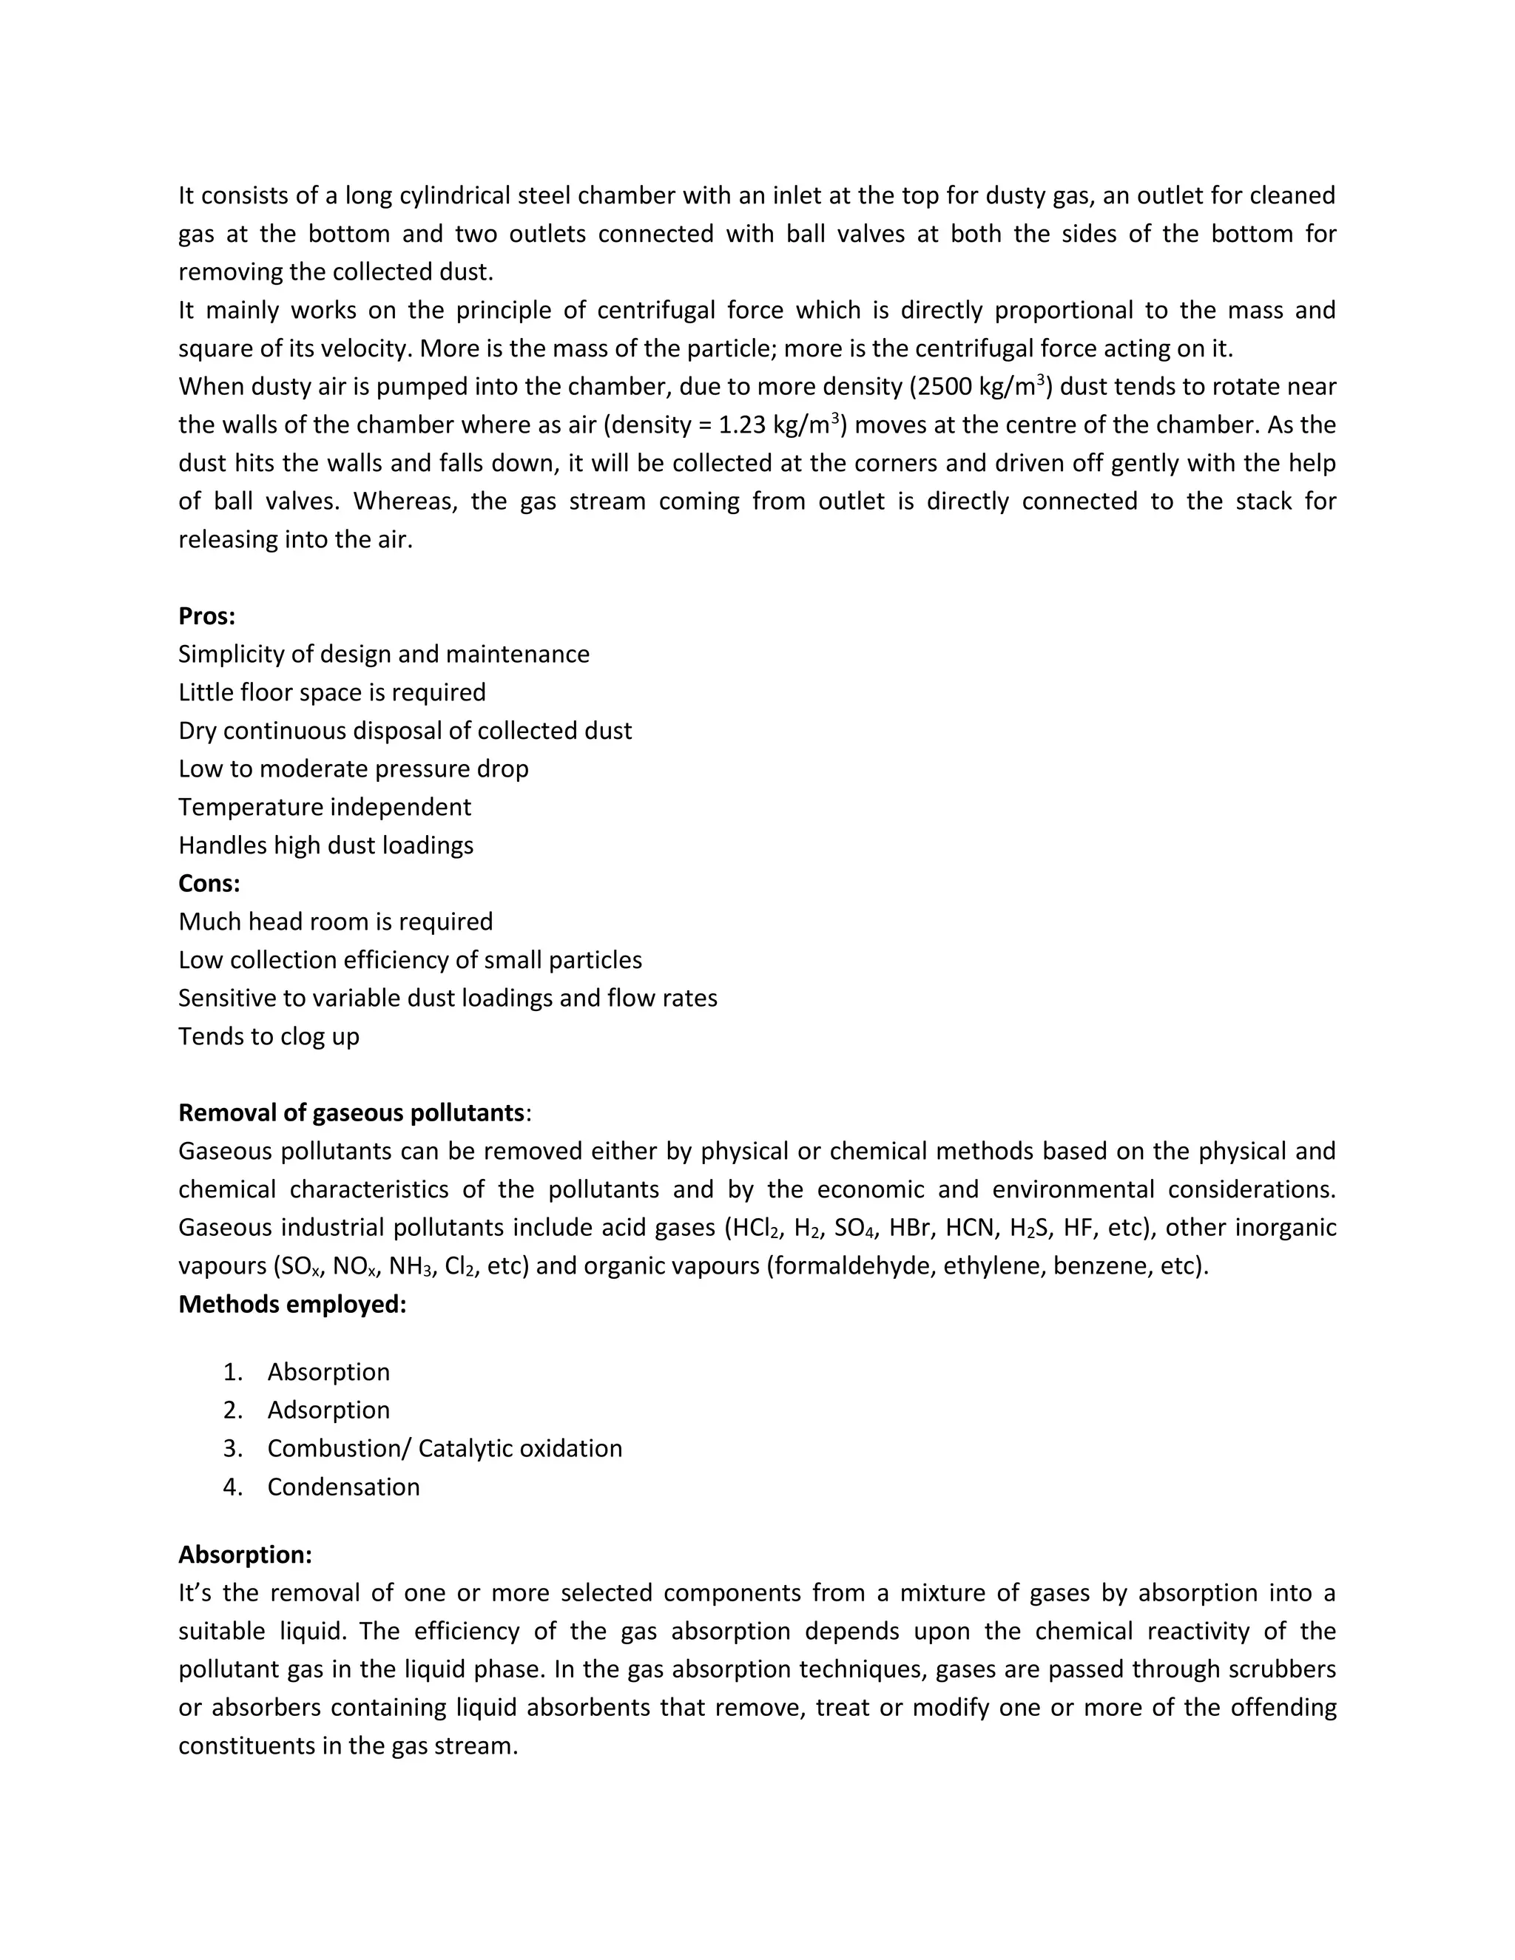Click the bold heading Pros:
tap(206, 617)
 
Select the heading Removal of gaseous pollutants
tap(351, 1113)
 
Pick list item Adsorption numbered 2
tap(328, 1410)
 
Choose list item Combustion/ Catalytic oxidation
tap(445, 1448)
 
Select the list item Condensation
tap(343, 1487)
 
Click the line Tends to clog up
tap(269, 1036)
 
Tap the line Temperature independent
tap(324, 807)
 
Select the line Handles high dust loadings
tap(325, 845)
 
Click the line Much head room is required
tap(336, 922)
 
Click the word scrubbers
tap(1283, 1669)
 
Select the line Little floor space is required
tap(332, 692)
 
